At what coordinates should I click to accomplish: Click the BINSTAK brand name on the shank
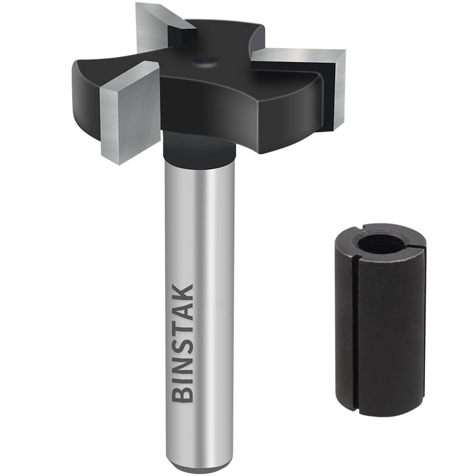tap(182, 343)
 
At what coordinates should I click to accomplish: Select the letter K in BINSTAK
tap(182, 293)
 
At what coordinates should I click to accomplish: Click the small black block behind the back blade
tap(182, 33)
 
